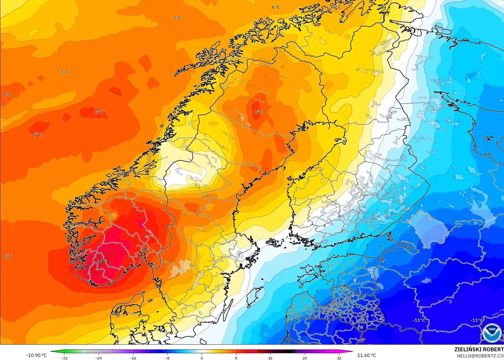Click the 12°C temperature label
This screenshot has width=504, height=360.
(x=102, y=261)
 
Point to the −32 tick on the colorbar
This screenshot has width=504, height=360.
(x=64, y=358)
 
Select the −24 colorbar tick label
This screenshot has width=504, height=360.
(x=99, y=358)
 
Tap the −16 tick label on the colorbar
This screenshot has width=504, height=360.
(x=133, y=358)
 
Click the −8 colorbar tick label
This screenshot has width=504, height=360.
(x=167, y=358)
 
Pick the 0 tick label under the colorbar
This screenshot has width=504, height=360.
(x=201, y=358)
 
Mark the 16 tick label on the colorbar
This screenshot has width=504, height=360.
(x=270, y=358)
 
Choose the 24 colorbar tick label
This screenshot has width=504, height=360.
(x=304, y=358)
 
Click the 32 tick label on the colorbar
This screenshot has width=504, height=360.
(x=339, y=358)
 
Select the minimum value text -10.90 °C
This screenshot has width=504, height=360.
(x=37, y=355)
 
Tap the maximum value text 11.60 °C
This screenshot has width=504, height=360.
(x=367, y=355)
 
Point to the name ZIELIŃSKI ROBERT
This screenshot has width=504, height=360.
(x=479, y=349)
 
